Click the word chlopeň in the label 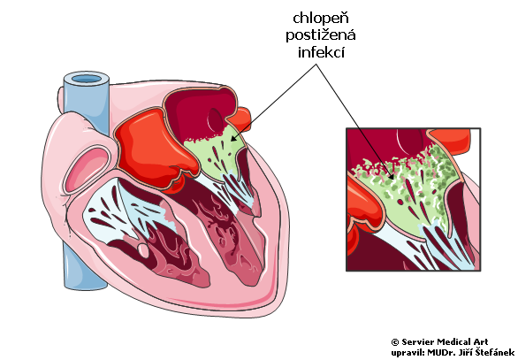pos(321,19)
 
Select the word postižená pos(321,35)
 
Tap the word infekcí pos(321,52)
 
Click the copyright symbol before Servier pos(395,342)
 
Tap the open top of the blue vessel pos(87,79)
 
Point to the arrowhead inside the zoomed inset pos(391,175)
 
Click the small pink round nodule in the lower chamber pos(142,250)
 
